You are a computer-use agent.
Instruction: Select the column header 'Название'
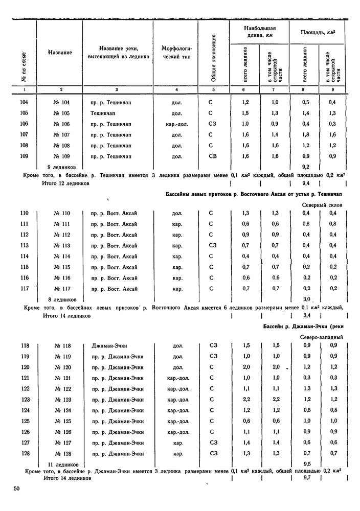(59, 52)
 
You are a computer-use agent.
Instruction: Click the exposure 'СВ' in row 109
(213, 156)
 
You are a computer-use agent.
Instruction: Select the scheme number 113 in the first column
(24, 245)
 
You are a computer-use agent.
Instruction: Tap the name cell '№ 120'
(61, 367)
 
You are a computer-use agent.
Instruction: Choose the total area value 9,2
(306, 167)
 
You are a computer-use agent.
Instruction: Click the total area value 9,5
(307, 464)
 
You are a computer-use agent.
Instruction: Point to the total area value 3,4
(307, 316)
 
